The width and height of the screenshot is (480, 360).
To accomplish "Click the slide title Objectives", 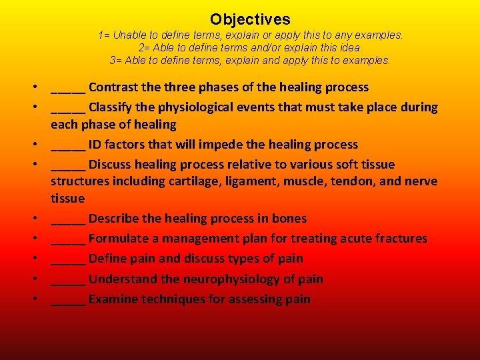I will [x=250, y=19].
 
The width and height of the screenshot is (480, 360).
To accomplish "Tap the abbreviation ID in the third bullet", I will [x=97, y=145].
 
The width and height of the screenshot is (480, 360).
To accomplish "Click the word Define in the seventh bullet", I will [x=108, y=259].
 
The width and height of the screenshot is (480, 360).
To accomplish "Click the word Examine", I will [x=113, y=299].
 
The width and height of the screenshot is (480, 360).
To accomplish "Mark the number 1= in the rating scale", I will [x=104, y=35].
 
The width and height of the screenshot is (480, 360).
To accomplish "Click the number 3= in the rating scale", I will [x=116, y=60].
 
